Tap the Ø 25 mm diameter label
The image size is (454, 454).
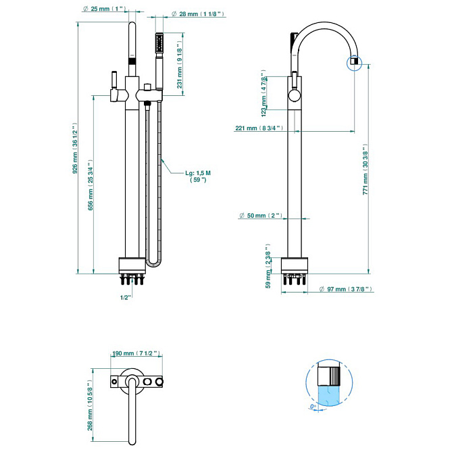click(x=105, y=9)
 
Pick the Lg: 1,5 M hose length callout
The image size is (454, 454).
click(x=199, y=176)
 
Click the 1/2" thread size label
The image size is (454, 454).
click(x=125, y=297)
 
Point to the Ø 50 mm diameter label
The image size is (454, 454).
click(x=263, y=216)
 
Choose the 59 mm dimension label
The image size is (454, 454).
click(x=268, y=271)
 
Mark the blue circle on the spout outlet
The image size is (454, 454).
click(x=354, y=64)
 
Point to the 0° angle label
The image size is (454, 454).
click(x=313, y=407)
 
